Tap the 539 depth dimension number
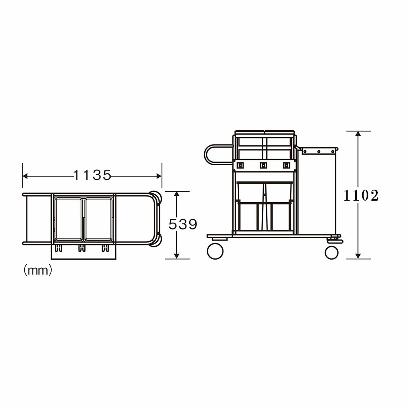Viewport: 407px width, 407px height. [183, 224]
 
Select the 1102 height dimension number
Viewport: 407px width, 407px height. [361, 196]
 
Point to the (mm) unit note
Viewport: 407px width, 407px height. [38, 271]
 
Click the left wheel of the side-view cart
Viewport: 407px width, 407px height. [215, 251]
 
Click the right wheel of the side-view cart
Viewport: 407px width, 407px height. [332, 252]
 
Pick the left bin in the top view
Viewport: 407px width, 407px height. [68, 219]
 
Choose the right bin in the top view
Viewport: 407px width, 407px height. [98, 219]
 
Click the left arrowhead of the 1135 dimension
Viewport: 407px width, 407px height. [25, 176]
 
